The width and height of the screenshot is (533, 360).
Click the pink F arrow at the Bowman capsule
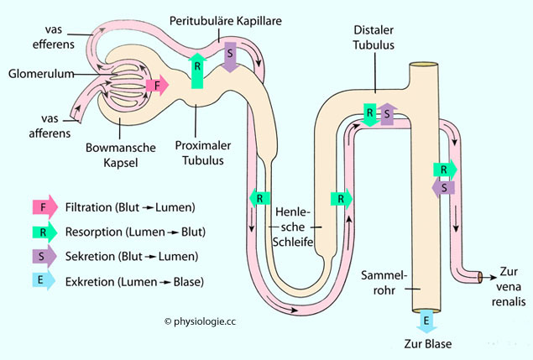157,85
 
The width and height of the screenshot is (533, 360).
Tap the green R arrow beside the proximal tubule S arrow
197,70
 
